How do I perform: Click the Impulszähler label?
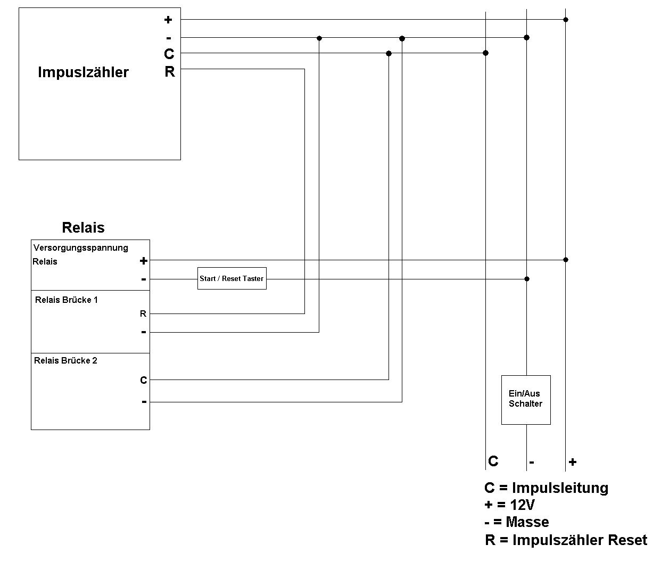pos(83,72)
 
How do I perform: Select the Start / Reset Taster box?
pos(232,278)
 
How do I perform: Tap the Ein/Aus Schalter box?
pos(525,399)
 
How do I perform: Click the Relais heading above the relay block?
pos(83,227)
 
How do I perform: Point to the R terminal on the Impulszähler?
pos(169,71)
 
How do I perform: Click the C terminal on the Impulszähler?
pos(169,54)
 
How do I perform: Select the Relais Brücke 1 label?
pos(67,300)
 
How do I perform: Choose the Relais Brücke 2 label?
pos(65,360)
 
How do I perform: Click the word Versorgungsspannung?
pos(80,247)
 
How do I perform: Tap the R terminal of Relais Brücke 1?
pos(143,314)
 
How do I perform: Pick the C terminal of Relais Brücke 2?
pos(143,380)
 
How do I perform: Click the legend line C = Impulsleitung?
pos(546,488)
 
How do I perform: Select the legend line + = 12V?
pos(509,505)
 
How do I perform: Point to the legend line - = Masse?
pos(516,522)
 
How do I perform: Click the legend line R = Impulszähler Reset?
pos(566,540)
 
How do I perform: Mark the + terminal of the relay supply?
pos(143,261)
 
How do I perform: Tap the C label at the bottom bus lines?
pos(493,461)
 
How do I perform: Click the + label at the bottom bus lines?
pos(572,462)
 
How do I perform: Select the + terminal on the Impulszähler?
pos(168,20)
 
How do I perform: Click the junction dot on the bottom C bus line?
pos(485,53)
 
